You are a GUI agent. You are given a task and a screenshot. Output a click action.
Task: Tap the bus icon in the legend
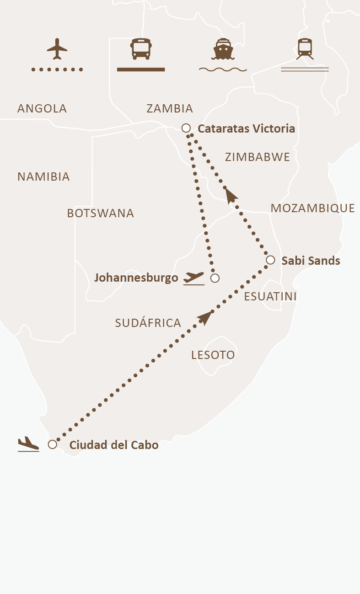tap(141, 48)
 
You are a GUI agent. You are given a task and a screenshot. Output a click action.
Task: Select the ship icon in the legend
tap(223, 49)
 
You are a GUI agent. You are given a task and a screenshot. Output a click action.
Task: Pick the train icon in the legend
tap(305, 48)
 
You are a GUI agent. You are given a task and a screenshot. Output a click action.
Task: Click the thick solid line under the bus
tap(141, 70)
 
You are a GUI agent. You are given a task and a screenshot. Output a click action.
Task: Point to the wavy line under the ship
tap(223, 70)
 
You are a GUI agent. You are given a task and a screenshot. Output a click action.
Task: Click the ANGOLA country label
tap(42, 109)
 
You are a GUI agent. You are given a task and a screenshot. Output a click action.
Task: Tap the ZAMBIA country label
tap(170, 109)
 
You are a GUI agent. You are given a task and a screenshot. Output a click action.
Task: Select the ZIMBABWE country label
tap(258, 157)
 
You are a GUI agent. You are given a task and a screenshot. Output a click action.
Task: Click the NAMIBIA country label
tap(43, 177)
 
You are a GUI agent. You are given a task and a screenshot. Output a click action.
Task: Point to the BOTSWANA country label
tap(100, 214)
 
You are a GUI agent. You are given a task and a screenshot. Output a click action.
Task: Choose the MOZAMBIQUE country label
tap(313, 209)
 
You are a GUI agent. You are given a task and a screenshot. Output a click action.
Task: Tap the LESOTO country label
tap(213, 355)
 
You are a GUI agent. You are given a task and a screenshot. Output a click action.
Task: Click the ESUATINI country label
tap(270, 297)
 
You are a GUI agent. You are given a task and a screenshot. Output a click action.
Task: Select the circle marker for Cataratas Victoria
tap(186, 128)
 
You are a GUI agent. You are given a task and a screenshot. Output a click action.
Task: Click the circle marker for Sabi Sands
tap(270, 260)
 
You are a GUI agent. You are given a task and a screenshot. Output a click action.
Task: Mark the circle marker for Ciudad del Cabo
tap(53, 444)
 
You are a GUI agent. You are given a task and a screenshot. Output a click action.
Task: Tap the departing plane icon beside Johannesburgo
tap(193, 278)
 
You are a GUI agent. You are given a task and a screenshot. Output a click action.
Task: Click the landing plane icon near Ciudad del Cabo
tap(28, 444)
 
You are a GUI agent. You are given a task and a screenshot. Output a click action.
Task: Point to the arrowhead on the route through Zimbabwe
tap(231, 195)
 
